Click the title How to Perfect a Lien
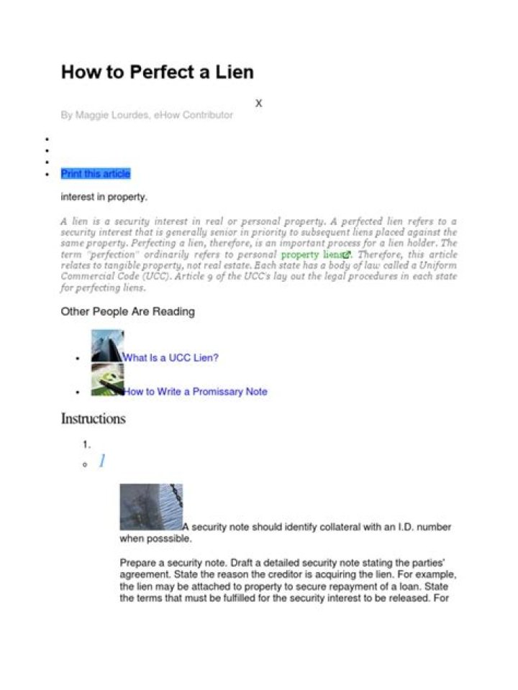pyautogui.click(x=157, y=73)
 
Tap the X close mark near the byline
pyautogui.click(x=259, y=103)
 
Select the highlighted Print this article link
pyautogui.click(x=96, y=174)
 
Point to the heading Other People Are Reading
pyautogui.click(x=127, y=311)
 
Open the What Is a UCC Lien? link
pyautogui.click(x=171, y=357)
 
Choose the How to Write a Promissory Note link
pyautogui.click(x=195, y=392)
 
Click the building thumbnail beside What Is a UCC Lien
pyautogui.click(x=107, y=346)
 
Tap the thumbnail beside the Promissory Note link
pyautogui.click(x=107, y=379)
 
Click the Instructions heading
pyautogui.click(x=93, y=419)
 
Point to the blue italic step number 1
pyautogui.click(x=102, y=461)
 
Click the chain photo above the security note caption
pyautogui.click(x=150, y=507)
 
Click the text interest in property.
pyautogui.click(x=104, y=197)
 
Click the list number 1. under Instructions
pyautogui.click(x=86, y=445)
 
